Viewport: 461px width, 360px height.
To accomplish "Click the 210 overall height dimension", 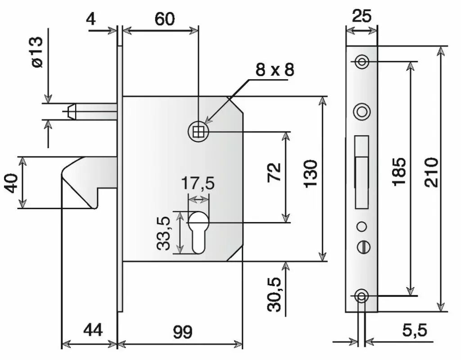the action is click(432, 173).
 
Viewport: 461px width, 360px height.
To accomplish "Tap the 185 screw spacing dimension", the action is click(400, 172).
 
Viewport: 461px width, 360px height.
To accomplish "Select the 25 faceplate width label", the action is click(362, 16).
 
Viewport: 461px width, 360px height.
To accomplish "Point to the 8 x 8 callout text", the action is click(275, 70).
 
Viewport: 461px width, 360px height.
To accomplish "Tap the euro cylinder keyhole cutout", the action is click(198, 232).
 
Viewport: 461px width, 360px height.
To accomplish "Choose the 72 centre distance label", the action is click(274, 172).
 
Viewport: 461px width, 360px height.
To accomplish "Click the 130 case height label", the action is click(311, 173).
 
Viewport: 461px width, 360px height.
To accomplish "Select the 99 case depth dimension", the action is click(183, 332).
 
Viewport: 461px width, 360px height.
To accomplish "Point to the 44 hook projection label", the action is click(93, 330).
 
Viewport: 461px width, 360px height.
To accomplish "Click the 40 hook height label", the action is click(12, 183).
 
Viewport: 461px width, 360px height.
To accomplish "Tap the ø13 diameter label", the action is click(38, 52).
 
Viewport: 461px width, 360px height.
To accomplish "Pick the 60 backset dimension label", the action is click(165, 19).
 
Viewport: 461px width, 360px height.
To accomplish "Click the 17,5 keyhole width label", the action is click(198, 183).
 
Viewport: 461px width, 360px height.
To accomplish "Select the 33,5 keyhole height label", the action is click(163, 233).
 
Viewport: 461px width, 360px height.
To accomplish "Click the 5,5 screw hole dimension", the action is click(415, 330).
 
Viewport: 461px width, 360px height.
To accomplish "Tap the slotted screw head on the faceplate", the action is click(364, 246).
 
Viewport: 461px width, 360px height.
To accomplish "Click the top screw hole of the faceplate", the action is click(362, 62).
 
